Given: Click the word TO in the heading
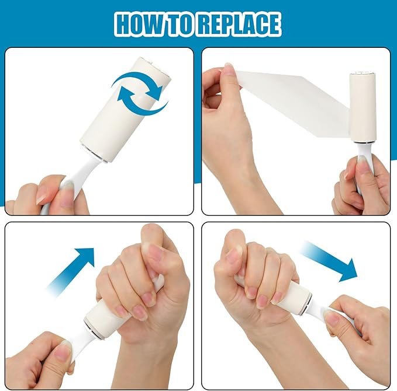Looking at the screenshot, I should (x=178, y=24).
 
